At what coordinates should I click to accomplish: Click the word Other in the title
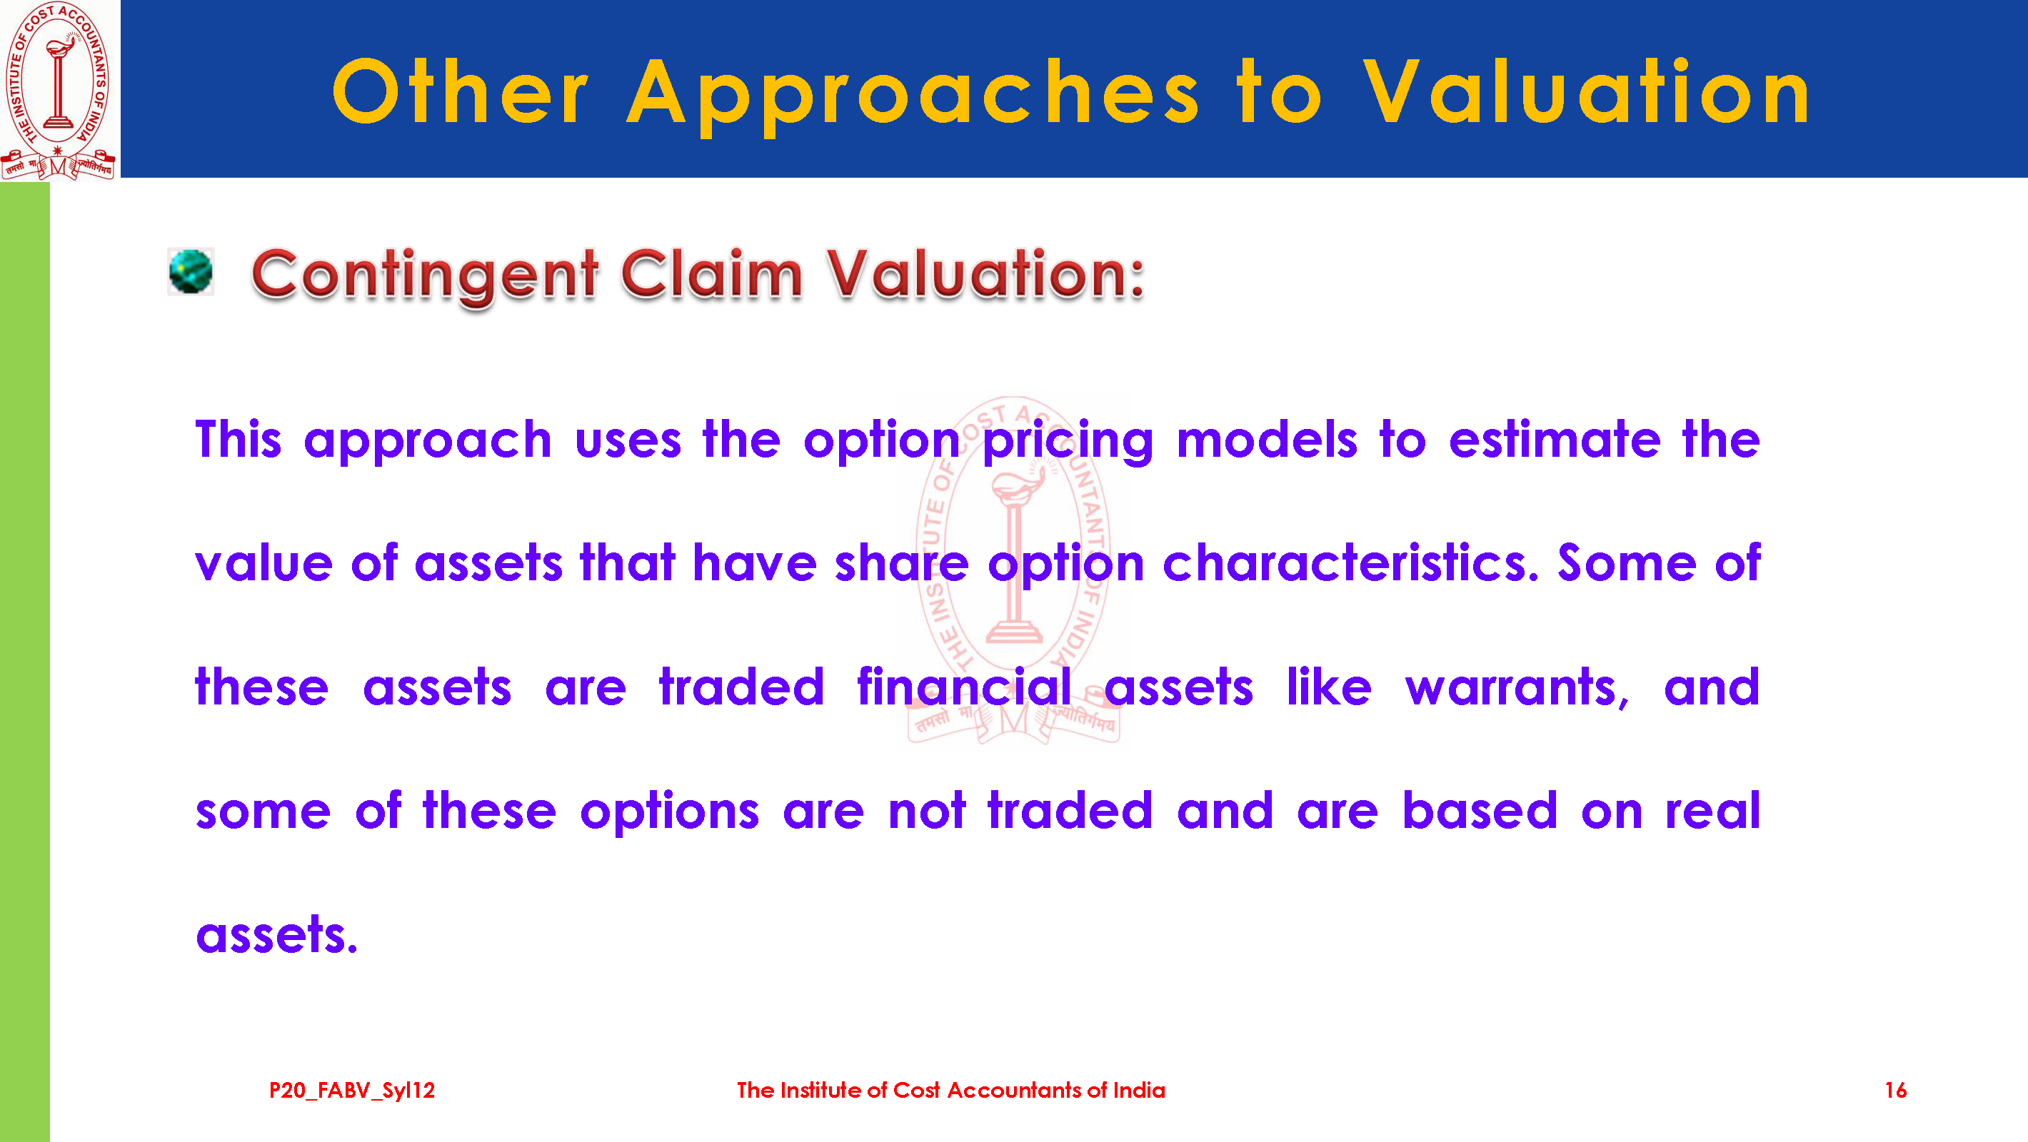[461, 93]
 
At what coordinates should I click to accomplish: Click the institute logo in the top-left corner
[59, 90]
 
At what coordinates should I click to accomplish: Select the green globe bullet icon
[191, 271]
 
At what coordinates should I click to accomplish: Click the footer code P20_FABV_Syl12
[352, 1091]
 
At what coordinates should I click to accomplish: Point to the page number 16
[1896, 1090]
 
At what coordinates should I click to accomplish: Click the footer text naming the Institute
[951, 1090]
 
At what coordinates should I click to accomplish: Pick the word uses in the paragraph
[628, 442]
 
